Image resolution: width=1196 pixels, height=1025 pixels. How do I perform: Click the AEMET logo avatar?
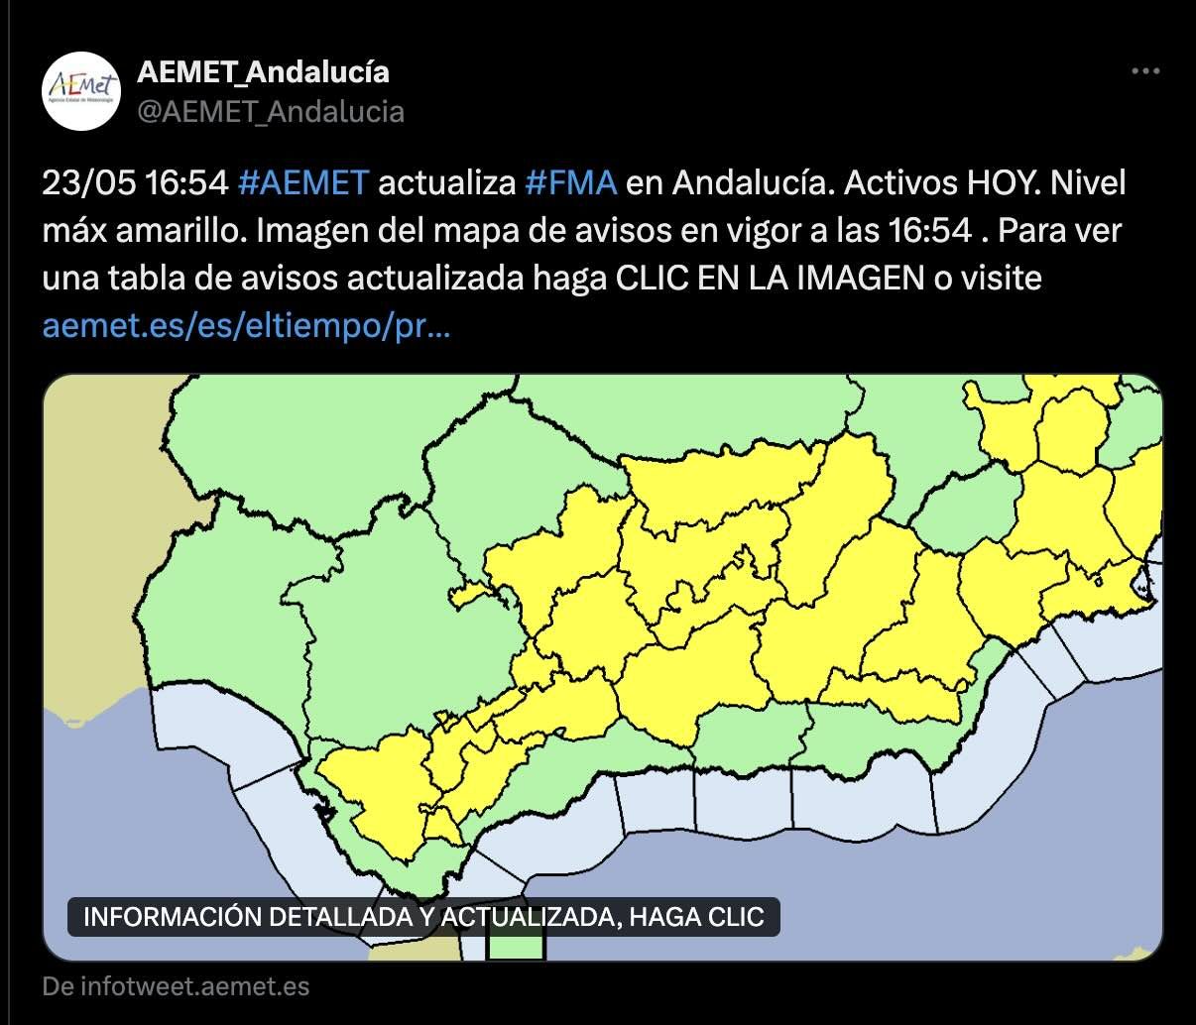point(81,91)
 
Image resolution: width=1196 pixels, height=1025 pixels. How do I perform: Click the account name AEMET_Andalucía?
point(263,71)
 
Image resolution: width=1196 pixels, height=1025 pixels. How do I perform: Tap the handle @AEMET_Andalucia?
point(271,111)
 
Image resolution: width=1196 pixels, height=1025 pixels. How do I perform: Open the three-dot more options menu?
point(1145,71)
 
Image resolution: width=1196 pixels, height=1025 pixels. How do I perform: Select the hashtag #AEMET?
point(303,183)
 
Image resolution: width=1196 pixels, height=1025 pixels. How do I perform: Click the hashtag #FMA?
point(570,183)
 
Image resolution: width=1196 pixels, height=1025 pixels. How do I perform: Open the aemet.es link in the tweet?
point(246,326)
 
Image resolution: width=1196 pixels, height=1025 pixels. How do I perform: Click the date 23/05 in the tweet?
point(89,183)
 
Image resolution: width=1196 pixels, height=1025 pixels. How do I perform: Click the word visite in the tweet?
point(1001,279)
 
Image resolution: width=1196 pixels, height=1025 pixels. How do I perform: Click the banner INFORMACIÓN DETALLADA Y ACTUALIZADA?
point(423,916)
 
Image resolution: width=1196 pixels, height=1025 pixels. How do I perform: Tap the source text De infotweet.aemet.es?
point(176,987)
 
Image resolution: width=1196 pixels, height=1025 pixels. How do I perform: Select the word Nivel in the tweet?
point(1088,183)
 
